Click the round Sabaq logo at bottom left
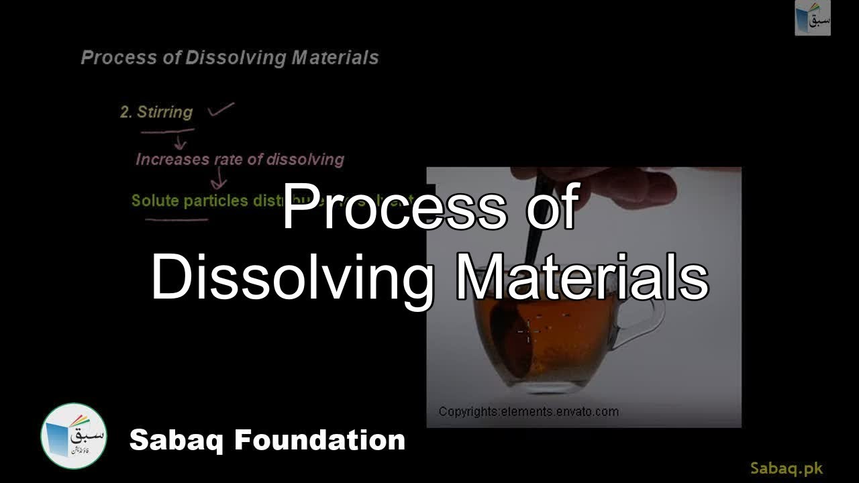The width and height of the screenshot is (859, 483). tap(74, 436)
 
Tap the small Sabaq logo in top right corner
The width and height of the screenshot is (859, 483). tap(813, 18)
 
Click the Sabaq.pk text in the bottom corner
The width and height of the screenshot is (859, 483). tap(787, 468)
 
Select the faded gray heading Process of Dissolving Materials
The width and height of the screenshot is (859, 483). tap(230, 58)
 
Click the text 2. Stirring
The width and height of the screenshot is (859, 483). tap(156, 112)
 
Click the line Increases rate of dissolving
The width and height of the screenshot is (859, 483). tap(240, 160)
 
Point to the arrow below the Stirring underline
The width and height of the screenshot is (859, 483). tap(179, 142)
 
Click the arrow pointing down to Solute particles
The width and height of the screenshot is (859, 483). tap(218, 180)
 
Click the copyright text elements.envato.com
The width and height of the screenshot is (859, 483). tap(528, 411)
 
